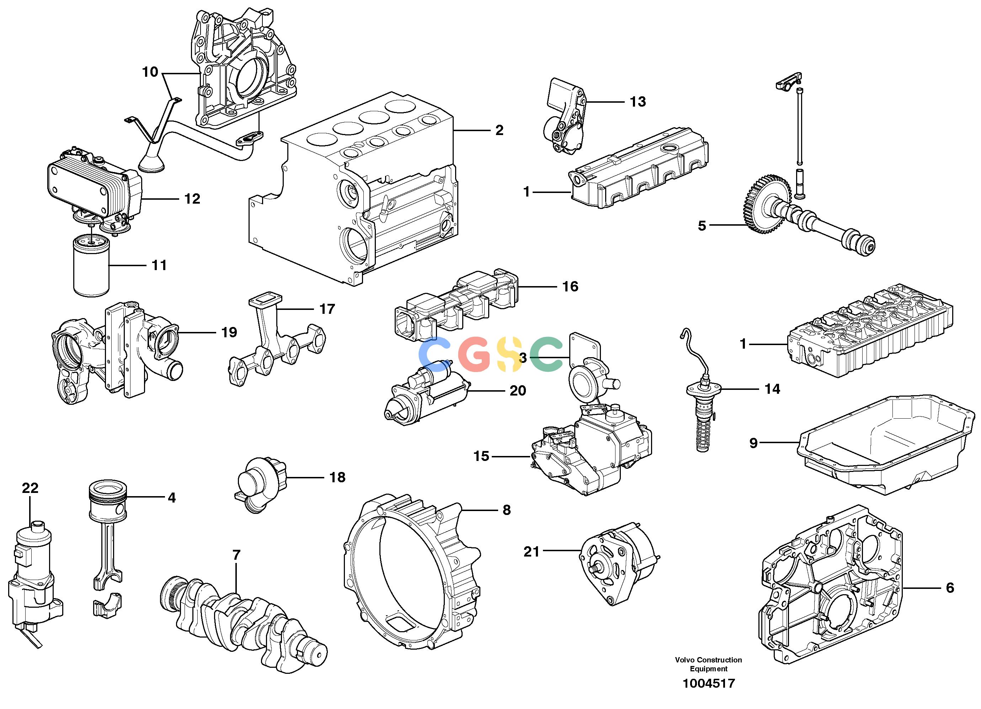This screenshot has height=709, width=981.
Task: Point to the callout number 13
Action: click(638, 102)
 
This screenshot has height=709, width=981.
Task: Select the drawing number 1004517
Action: click(709, 683)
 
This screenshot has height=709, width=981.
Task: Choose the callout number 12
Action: click(192, 199)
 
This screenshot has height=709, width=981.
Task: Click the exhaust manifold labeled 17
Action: click(277, 342)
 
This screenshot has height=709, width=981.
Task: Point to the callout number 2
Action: click(500, 130)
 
